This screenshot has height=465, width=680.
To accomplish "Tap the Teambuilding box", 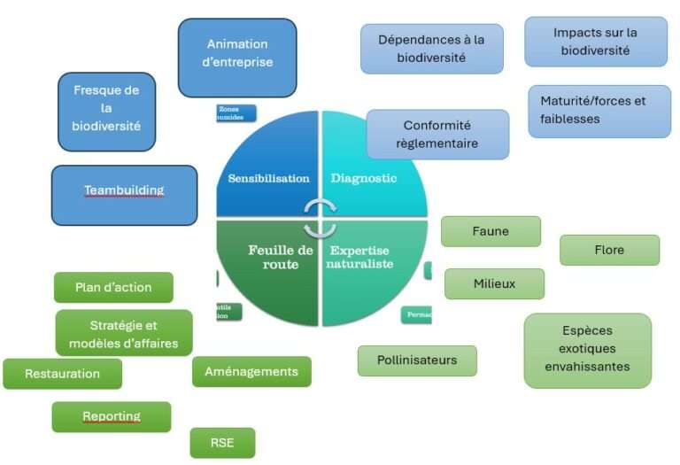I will (x=124, y=194).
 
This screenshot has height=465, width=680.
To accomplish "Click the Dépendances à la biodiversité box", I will (x=431, y=49).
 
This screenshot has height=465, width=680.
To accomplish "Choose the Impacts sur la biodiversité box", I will (x=595, y=42).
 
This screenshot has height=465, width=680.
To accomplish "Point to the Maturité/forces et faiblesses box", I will (x=599, y=111).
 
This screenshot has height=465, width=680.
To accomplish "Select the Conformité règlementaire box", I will (x=437, y=135).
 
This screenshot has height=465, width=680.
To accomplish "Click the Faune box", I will (x=491, y=231).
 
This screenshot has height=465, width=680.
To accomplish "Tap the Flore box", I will (x=609, y=250).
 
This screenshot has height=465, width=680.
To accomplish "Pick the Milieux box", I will (x=494, y=283).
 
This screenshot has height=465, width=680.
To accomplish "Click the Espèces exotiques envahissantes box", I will (x=587, y=350).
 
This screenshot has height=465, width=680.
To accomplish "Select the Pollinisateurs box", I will (x=417, y=360).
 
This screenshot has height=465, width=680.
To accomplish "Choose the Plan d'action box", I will (x=113, y=287).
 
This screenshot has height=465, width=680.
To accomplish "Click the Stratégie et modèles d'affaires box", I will (x=123, y=334).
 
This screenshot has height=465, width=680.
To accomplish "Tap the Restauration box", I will (x=62, y=374).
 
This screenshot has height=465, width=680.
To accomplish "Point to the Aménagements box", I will (x=251, y=372).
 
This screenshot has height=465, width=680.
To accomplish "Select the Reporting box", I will (x=112, y=416).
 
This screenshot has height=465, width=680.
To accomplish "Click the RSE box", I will (x=222, y=443).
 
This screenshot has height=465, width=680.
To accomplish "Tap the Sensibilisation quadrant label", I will (x=268, y=178).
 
